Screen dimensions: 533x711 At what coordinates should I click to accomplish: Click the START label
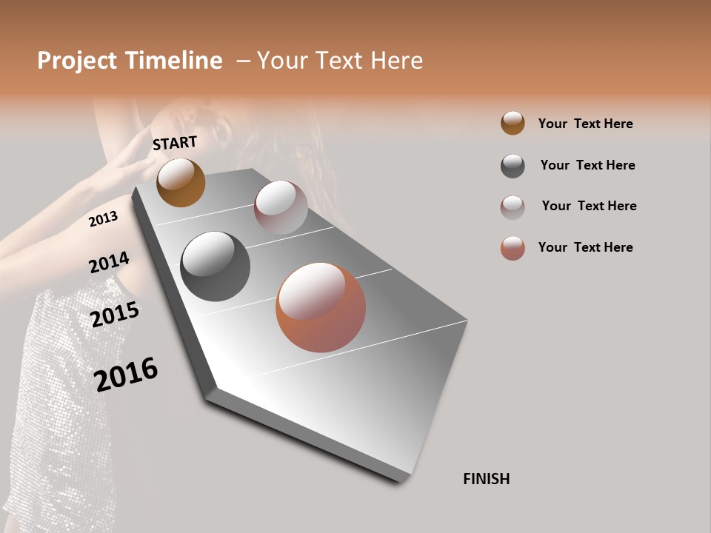tap(175, 143)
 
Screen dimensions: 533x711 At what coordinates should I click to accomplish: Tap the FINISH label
tap(486, 479)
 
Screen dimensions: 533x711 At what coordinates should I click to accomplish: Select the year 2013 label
tap(103, 219)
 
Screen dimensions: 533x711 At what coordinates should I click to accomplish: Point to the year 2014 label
tap(109, 263)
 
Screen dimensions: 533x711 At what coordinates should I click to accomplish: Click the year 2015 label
tap(115, 314)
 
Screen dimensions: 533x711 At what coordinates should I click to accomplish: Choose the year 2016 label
tap(126, 374)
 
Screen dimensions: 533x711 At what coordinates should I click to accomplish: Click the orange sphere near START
tap(181, 182)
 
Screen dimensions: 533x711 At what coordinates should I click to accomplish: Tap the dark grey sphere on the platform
tap(215, 266)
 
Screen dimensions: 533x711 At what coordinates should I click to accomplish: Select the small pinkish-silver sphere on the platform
tap(281, 207)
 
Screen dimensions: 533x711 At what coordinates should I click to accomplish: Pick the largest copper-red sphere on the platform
tap(321, 307)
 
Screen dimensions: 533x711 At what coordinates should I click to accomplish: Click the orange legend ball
tap(513, 123)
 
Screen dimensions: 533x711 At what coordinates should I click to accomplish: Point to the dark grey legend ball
tap(513, 166)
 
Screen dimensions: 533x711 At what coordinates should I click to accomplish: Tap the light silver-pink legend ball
tap(513, 207)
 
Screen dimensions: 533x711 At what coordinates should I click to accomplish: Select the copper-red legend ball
tap(513, 248)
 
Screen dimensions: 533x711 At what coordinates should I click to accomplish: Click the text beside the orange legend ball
tap(585, 124)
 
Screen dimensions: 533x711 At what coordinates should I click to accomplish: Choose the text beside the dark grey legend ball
tap(587, 165)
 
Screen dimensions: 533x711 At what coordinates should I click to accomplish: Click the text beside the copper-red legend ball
tap(585, 247)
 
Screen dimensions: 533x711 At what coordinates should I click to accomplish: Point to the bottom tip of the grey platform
tap(400, 482)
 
